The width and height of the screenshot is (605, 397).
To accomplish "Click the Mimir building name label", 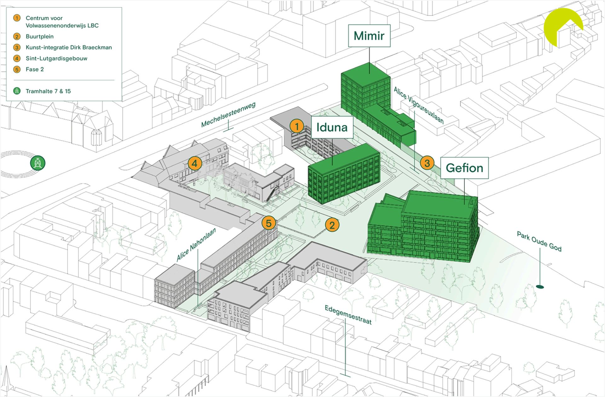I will click(369, 36).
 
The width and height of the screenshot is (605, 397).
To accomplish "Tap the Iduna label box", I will click(332, 127).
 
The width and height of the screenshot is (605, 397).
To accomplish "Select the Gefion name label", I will click(464, 168).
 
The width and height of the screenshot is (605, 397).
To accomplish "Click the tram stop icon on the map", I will click(38, 163).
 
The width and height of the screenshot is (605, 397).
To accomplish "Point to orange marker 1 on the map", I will click(297, 126).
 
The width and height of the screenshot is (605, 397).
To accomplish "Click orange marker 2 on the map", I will click(332, 225).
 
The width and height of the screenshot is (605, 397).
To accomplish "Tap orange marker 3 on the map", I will click(427, 163).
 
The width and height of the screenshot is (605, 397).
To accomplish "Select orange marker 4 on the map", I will click(195, 163).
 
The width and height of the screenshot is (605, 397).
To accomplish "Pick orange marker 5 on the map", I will click(268, 223).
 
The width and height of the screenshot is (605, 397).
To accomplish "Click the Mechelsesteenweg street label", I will click(228, 114).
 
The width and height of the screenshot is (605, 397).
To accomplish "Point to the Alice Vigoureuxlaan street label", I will click(419, 105).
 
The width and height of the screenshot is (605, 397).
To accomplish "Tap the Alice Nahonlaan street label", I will click(196, 244).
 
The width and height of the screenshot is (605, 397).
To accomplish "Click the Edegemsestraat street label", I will click(348, 315).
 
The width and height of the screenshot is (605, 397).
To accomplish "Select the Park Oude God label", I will click(539, 241).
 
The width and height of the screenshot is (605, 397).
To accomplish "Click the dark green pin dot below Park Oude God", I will click(540, 287).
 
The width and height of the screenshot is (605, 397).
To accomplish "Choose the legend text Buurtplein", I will click(40, 37).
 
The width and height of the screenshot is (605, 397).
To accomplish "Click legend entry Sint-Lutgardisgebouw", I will click(56, 58).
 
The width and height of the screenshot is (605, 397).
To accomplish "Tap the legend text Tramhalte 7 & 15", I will click(48, 91).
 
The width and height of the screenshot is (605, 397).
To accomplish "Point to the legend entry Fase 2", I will click(35, 69).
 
